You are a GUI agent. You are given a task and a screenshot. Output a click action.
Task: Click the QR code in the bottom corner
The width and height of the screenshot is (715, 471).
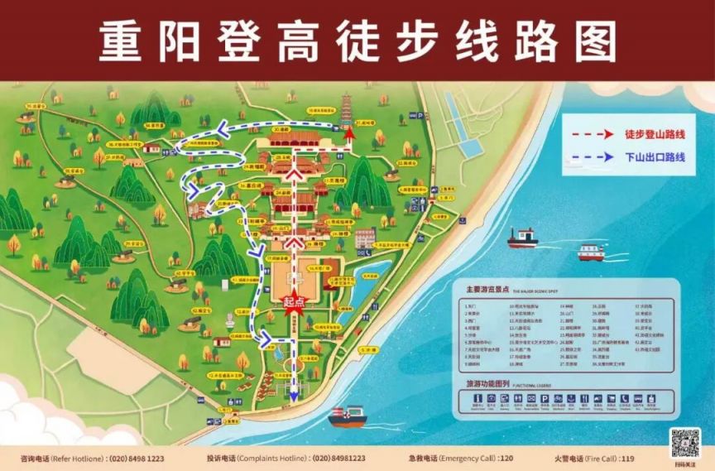click(684, 443)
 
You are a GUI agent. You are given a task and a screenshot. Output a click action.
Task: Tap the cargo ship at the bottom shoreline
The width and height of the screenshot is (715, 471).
click(348, 416)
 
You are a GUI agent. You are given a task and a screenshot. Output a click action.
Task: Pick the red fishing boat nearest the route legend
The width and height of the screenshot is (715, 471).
click(522, 238)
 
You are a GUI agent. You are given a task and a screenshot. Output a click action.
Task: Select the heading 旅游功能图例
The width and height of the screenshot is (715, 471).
click(484, 386)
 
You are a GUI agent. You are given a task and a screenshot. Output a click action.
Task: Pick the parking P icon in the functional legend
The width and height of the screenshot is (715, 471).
click(545, 401)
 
